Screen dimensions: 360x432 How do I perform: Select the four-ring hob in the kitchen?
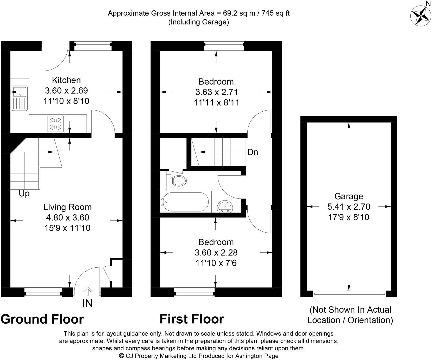(x=56, y=124)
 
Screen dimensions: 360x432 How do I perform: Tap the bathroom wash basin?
(x=225, y=207)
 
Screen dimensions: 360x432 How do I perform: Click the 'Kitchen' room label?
(x=66, y=80)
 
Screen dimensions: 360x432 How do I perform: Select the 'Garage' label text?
(x=348, y=196)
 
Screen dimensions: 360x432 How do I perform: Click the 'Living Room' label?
(x=67, y=207)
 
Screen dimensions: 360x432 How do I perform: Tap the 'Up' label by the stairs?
(x=24, y=194)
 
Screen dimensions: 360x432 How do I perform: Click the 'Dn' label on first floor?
(x=252, y=152)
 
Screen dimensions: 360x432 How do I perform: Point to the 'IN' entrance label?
(x=87, y=303)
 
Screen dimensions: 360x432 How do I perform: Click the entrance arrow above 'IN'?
(x=87, y=291)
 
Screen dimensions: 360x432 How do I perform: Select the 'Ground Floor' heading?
(x=42, y=319)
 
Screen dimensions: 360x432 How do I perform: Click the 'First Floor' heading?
(x=192, y=319)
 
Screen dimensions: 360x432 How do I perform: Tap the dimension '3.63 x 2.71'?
(x=216, y=92)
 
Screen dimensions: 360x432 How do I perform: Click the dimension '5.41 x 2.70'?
(x=348, y=207)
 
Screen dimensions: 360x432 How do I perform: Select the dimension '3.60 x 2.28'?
(x=216, y=253)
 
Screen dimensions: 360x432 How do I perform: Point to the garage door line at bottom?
(x=349, y=294)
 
